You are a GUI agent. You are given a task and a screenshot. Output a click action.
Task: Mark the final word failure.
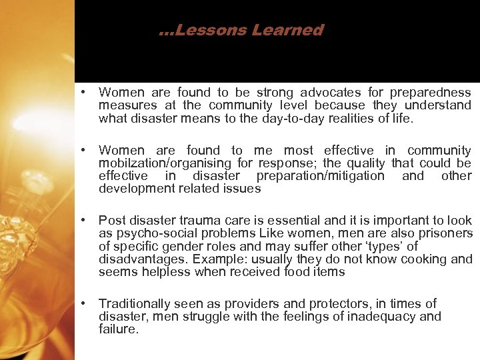119,329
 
